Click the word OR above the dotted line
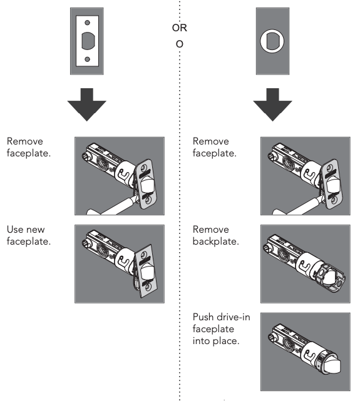179,28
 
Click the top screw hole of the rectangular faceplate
87,23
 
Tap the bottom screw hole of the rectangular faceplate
87,59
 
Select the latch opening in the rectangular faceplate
88,41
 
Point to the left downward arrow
87,104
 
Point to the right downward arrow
272,104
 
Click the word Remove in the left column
25,141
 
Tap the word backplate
216,241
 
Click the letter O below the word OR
179,44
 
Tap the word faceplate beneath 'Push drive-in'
213,329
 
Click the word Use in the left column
15,230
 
